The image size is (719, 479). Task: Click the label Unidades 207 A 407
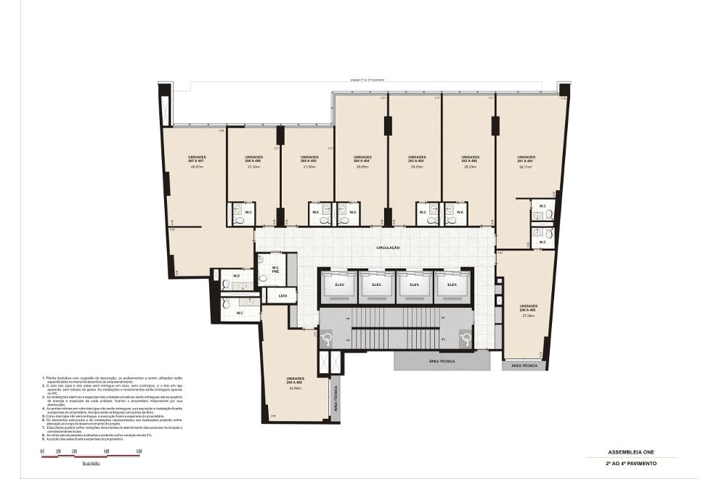click(197, 158)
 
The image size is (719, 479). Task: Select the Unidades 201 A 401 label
click(526, 158)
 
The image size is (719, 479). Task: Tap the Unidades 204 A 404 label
click(362, 158)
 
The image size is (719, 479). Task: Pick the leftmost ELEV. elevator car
click(339, 285)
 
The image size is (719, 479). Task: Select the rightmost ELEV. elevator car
click(452, 285)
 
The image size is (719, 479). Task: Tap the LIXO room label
click(283, 295)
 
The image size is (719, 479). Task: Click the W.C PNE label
click(276, 270)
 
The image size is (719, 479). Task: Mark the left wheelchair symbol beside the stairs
click(327, 337)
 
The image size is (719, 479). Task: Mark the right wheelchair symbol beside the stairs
click(465, 337)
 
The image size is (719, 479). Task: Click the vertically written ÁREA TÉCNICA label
click(336, 398)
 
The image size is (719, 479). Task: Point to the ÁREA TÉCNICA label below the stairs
click(442, 361)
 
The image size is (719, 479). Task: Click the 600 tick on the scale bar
click(139, 451)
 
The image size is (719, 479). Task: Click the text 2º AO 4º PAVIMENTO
click(630, 463)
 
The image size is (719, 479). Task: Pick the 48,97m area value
click(195, 167)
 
